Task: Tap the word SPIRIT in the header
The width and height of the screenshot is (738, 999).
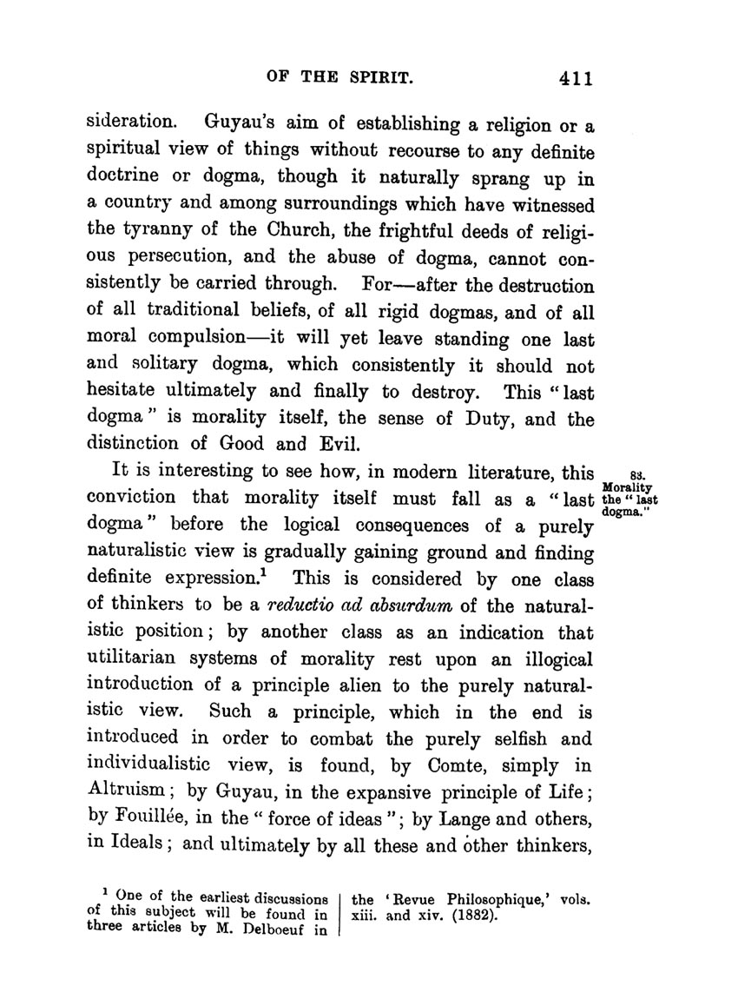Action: (370, 77)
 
